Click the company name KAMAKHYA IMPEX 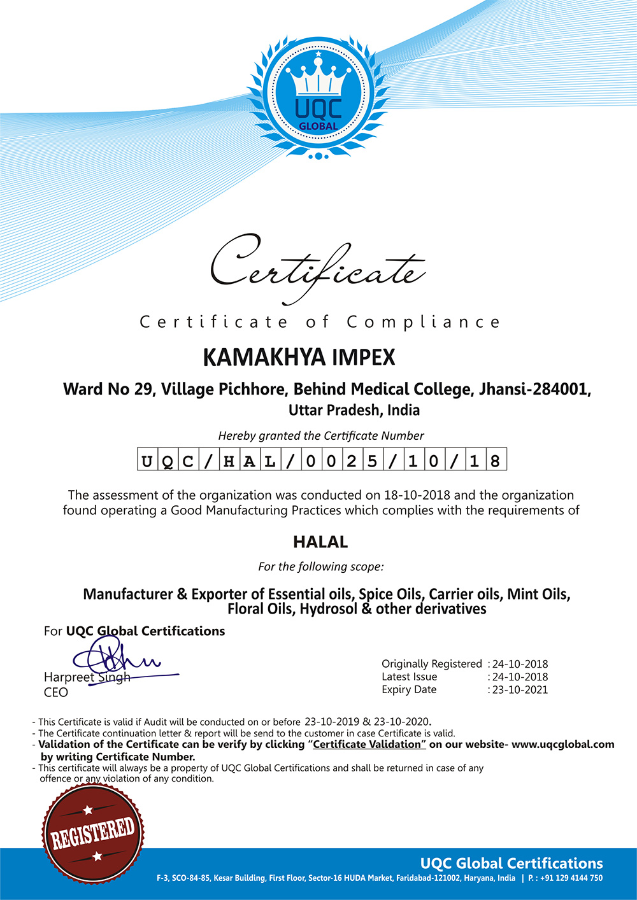pyautogui.click(x=299, y=357)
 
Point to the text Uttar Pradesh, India pyautogui.click(x=354, y=410)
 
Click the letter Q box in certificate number pyautogui.click(x=168, y=460)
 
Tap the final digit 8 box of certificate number pyautogui.click(x=495, y=460)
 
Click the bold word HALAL pyautogui.click(x=320, y=542)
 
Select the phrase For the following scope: pyautogui.click(x=321, y=566)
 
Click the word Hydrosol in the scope pyautogui.click(x=328, y=609)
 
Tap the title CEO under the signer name pyautogui.click(x=56, y=693)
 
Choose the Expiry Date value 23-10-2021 pyautogui.click(x=520, y=690)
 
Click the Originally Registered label pyautogui.click(x=432, y=664)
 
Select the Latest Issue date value pyautogui.click(x=520, y=677)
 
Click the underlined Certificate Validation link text pyautogui.click(x=367, y=745)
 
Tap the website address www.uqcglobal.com pyautogui.click(x=563, y=745)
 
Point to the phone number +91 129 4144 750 pyautogui.click(x=571, y=878)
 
